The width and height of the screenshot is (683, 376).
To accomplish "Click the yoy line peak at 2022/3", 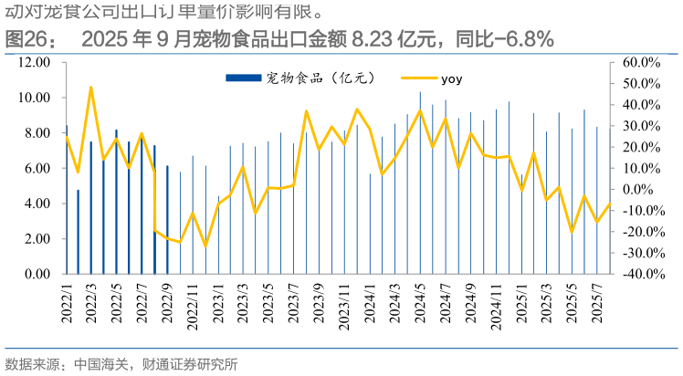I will click(91, 88).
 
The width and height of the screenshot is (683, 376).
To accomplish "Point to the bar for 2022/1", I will click(67, 200).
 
